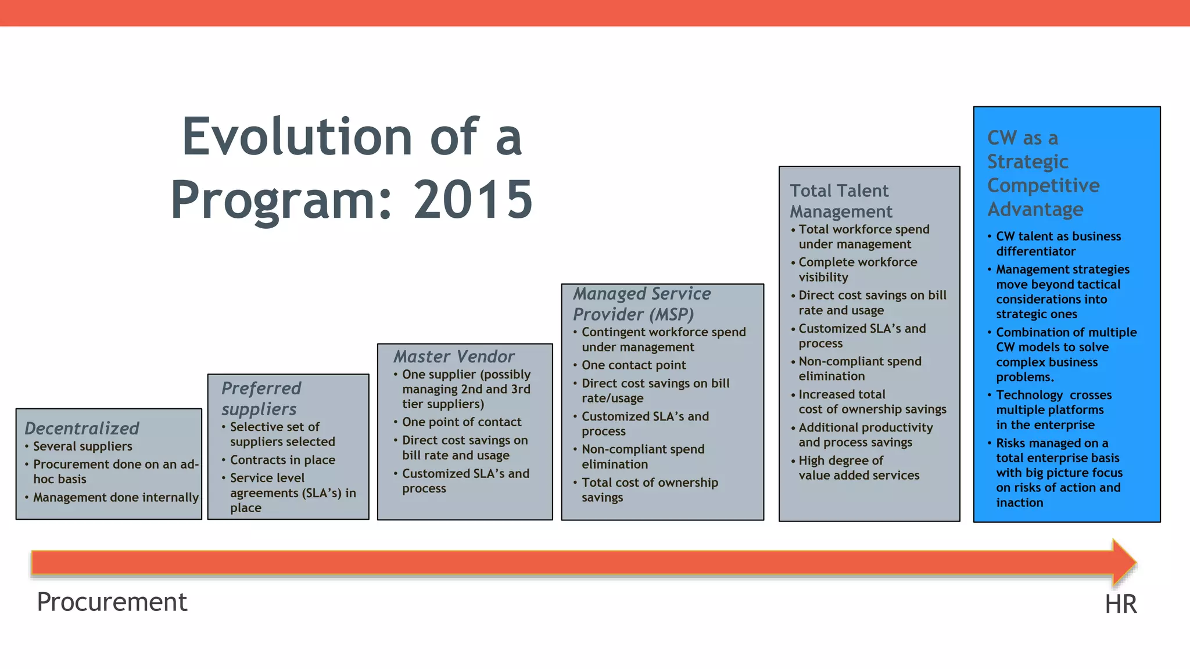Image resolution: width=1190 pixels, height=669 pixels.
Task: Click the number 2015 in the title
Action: point(472,200)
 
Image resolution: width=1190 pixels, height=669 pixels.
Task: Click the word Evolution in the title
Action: point(297,137)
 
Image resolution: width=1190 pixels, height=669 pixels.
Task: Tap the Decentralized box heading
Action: point(82,428)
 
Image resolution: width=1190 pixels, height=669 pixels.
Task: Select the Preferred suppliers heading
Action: point(261,398)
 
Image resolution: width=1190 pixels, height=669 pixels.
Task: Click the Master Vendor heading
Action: point(454,356)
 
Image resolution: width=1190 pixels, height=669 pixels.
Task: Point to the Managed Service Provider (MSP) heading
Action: point(641,304)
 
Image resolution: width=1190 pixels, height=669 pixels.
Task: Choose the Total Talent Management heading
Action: point(841,201)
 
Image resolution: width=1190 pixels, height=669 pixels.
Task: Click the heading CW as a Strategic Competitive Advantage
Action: point(1043,173)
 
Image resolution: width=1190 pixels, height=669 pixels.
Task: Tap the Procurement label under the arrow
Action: point(112,602)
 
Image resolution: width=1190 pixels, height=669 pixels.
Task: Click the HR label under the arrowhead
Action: point(1120,604)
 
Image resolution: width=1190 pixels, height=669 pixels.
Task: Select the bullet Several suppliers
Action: point(83,446)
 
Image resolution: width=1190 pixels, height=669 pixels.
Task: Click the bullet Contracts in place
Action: point(282,459)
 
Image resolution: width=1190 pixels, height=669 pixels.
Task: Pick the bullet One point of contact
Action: point(461,422)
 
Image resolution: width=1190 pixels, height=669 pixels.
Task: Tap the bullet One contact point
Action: point(633,365)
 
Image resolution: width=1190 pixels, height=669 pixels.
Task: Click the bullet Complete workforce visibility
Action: point(857,269)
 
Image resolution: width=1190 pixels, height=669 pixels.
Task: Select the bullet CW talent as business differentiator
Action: point(1058,243)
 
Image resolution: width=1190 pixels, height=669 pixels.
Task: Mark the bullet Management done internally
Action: point(116,497)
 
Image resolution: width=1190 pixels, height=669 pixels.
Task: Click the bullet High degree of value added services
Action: point(858,467)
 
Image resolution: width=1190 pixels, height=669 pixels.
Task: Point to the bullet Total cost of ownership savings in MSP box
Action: point(649,490)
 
